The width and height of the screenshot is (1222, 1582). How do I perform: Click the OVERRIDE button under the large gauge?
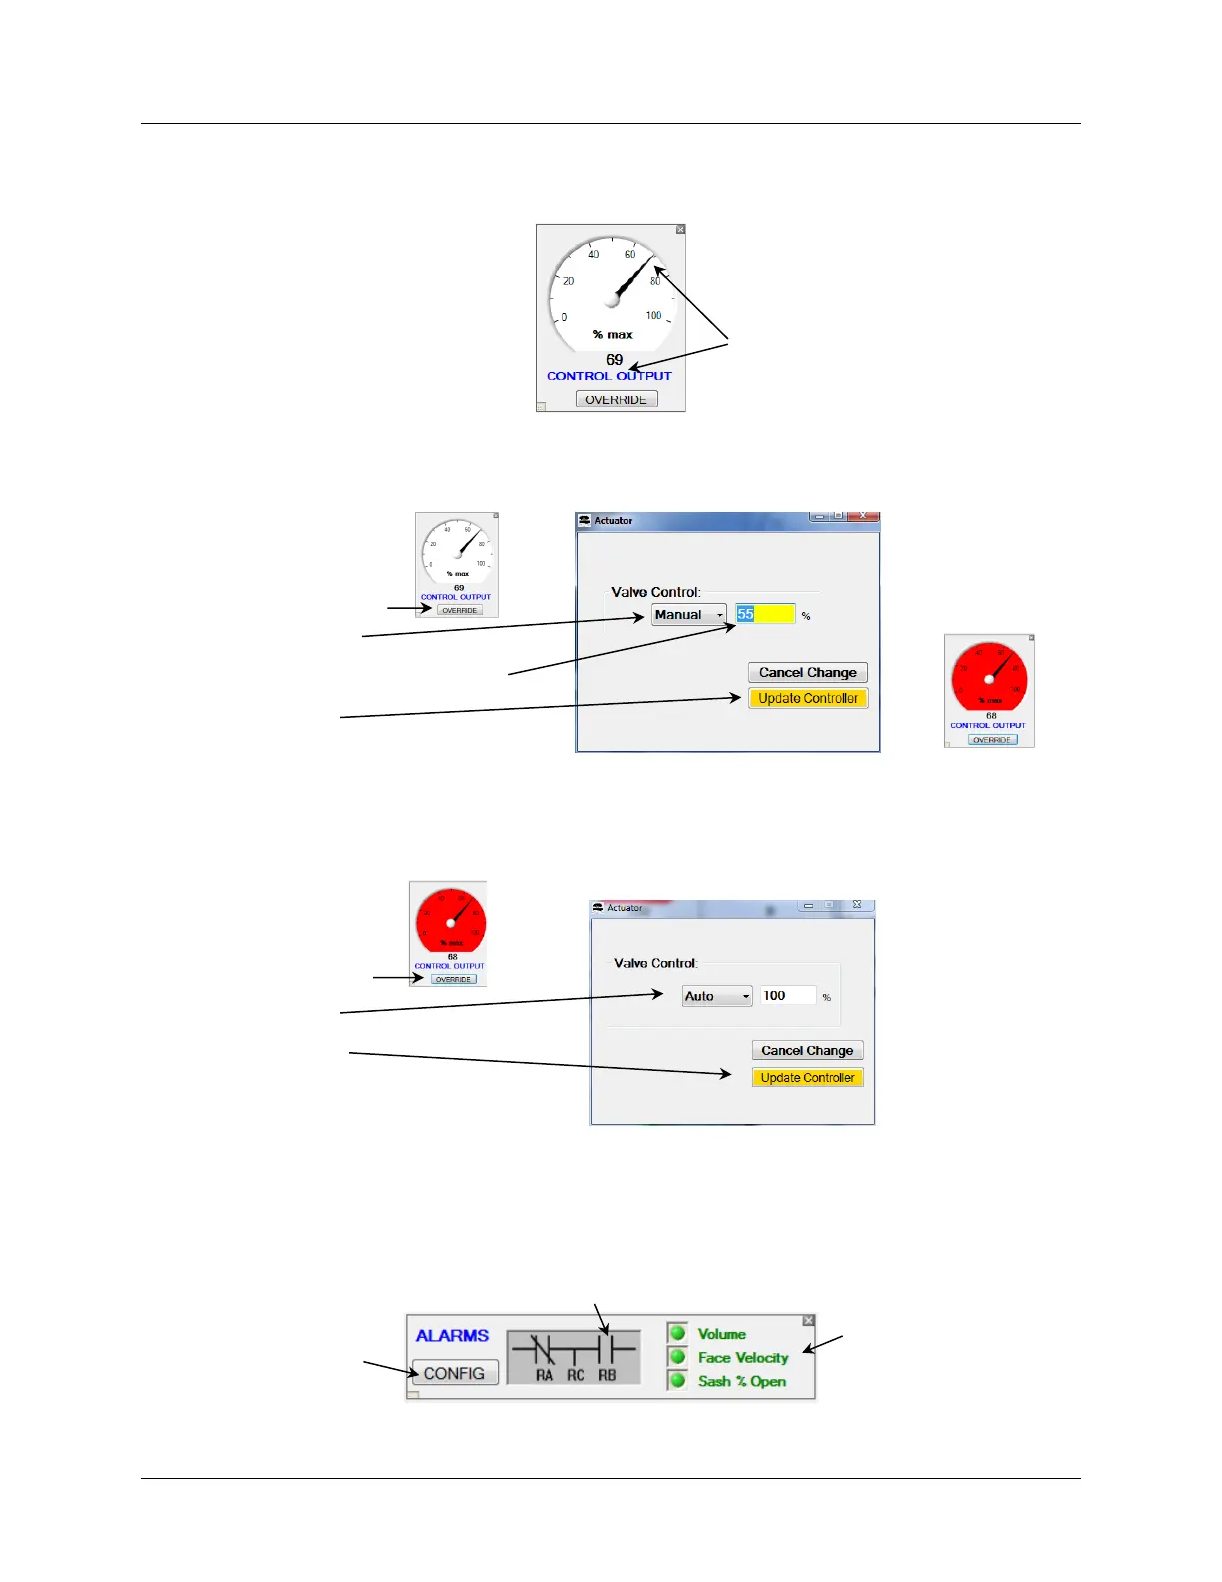pos(616,399)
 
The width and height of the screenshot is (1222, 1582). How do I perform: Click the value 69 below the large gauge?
pos(614,360)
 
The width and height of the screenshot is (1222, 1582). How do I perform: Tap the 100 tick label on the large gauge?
pos(653,315)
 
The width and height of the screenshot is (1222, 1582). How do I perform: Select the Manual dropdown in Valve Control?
pos(689,615)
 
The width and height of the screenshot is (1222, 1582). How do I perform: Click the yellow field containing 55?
pos(766,614)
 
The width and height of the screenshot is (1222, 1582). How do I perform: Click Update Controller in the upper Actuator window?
pos(808,698)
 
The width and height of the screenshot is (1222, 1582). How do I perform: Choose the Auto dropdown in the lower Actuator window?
pos(716,996)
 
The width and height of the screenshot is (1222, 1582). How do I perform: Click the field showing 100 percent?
pos(787,996)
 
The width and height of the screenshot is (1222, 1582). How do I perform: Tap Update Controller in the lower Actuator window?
pos(807,1077)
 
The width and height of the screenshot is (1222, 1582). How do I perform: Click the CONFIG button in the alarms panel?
pos(454,1373)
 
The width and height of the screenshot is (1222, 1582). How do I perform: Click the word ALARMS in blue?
pos(452,1336)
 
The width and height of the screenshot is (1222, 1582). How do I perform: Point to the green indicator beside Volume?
pos(678,1333)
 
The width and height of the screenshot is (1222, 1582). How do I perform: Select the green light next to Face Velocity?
pos(678,1357)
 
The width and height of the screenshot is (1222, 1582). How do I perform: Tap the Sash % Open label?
pos(741,1381)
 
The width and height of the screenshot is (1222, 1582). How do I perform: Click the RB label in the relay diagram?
pos(607,1375)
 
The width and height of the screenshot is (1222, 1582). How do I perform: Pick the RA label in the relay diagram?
pos(544,1375)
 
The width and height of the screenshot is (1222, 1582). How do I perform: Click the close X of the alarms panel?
pos(808,1320)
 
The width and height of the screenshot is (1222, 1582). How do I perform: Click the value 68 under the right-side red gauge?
pos(991,715)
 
